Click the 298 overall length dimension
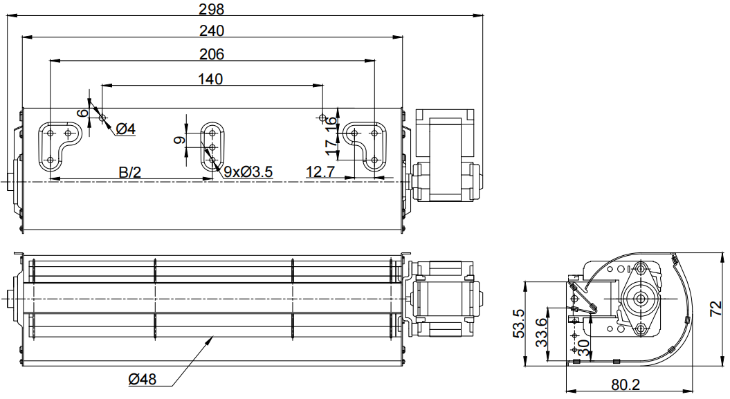pyautogui.click(x=211, y=9)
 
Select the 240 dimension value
pyautogui.click(x=211, y=30)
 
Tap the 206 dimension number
pyautogui.click(x=211, y=55)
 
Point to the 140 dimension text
pyautogui.click(x=210, y=79)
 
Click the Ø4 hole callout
pyautogui.click(x=126, y=129)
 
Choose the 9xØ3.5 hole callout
pyautogui.click(x=248, y=172)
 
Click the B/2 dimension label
pyautogui.click(x=130, y=172)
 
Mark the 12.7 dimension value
pyautogui.click(x=320, y=172)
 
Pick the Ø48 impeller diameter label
pyautogui.click(x=143, y=380)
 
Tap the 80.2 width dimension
pyautogui.click(x=626, y=385)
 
